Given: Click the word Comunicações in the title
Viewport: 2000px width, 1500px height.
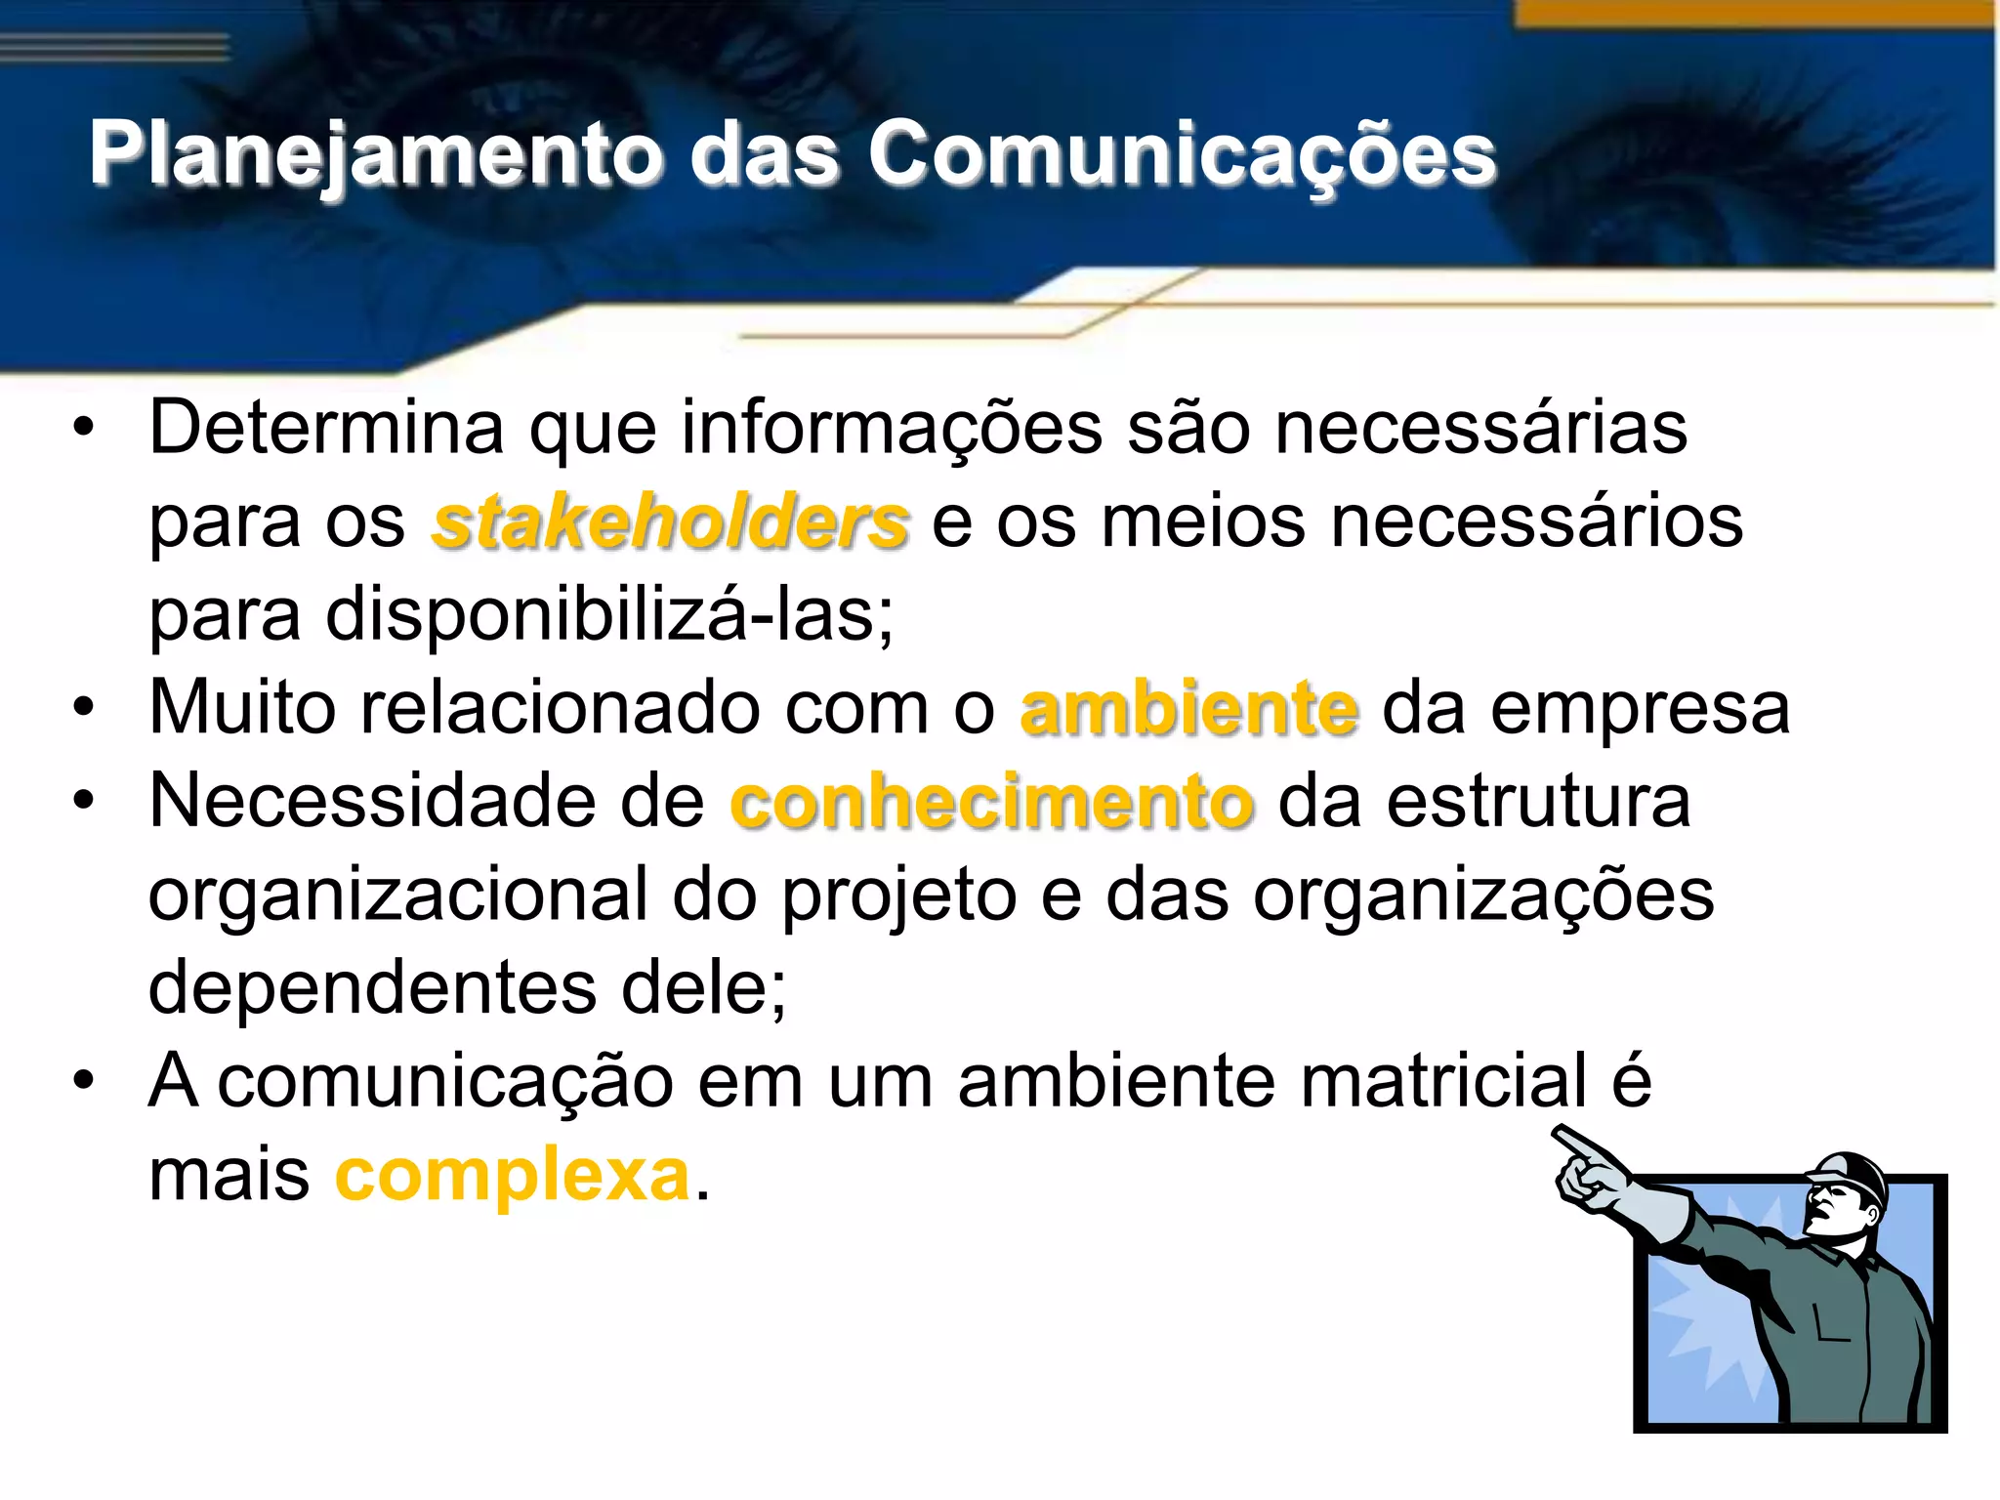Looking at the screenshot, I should coord(1182,154).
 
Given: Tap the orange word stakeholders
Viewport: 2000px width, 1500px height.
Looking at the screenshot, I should coord(671,522).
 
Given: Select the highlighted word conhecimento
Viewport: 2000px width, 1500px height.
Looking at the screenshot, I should coord(992,802).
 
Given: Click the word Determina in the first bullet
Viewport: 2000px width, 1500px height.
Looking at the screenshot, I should coord(326,428).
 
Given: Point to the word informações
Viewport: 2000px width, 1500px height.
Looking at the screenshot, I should coord(892,428).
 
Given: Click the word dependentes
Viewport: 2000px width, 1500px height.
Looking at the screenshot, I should coord(372,987).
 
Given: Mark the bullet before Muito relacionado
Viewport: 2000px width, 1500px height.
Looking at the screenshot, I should coord(85,708).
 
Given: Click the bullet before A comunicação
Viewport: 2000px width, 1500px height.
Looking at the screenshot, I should coord(85,1081).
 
